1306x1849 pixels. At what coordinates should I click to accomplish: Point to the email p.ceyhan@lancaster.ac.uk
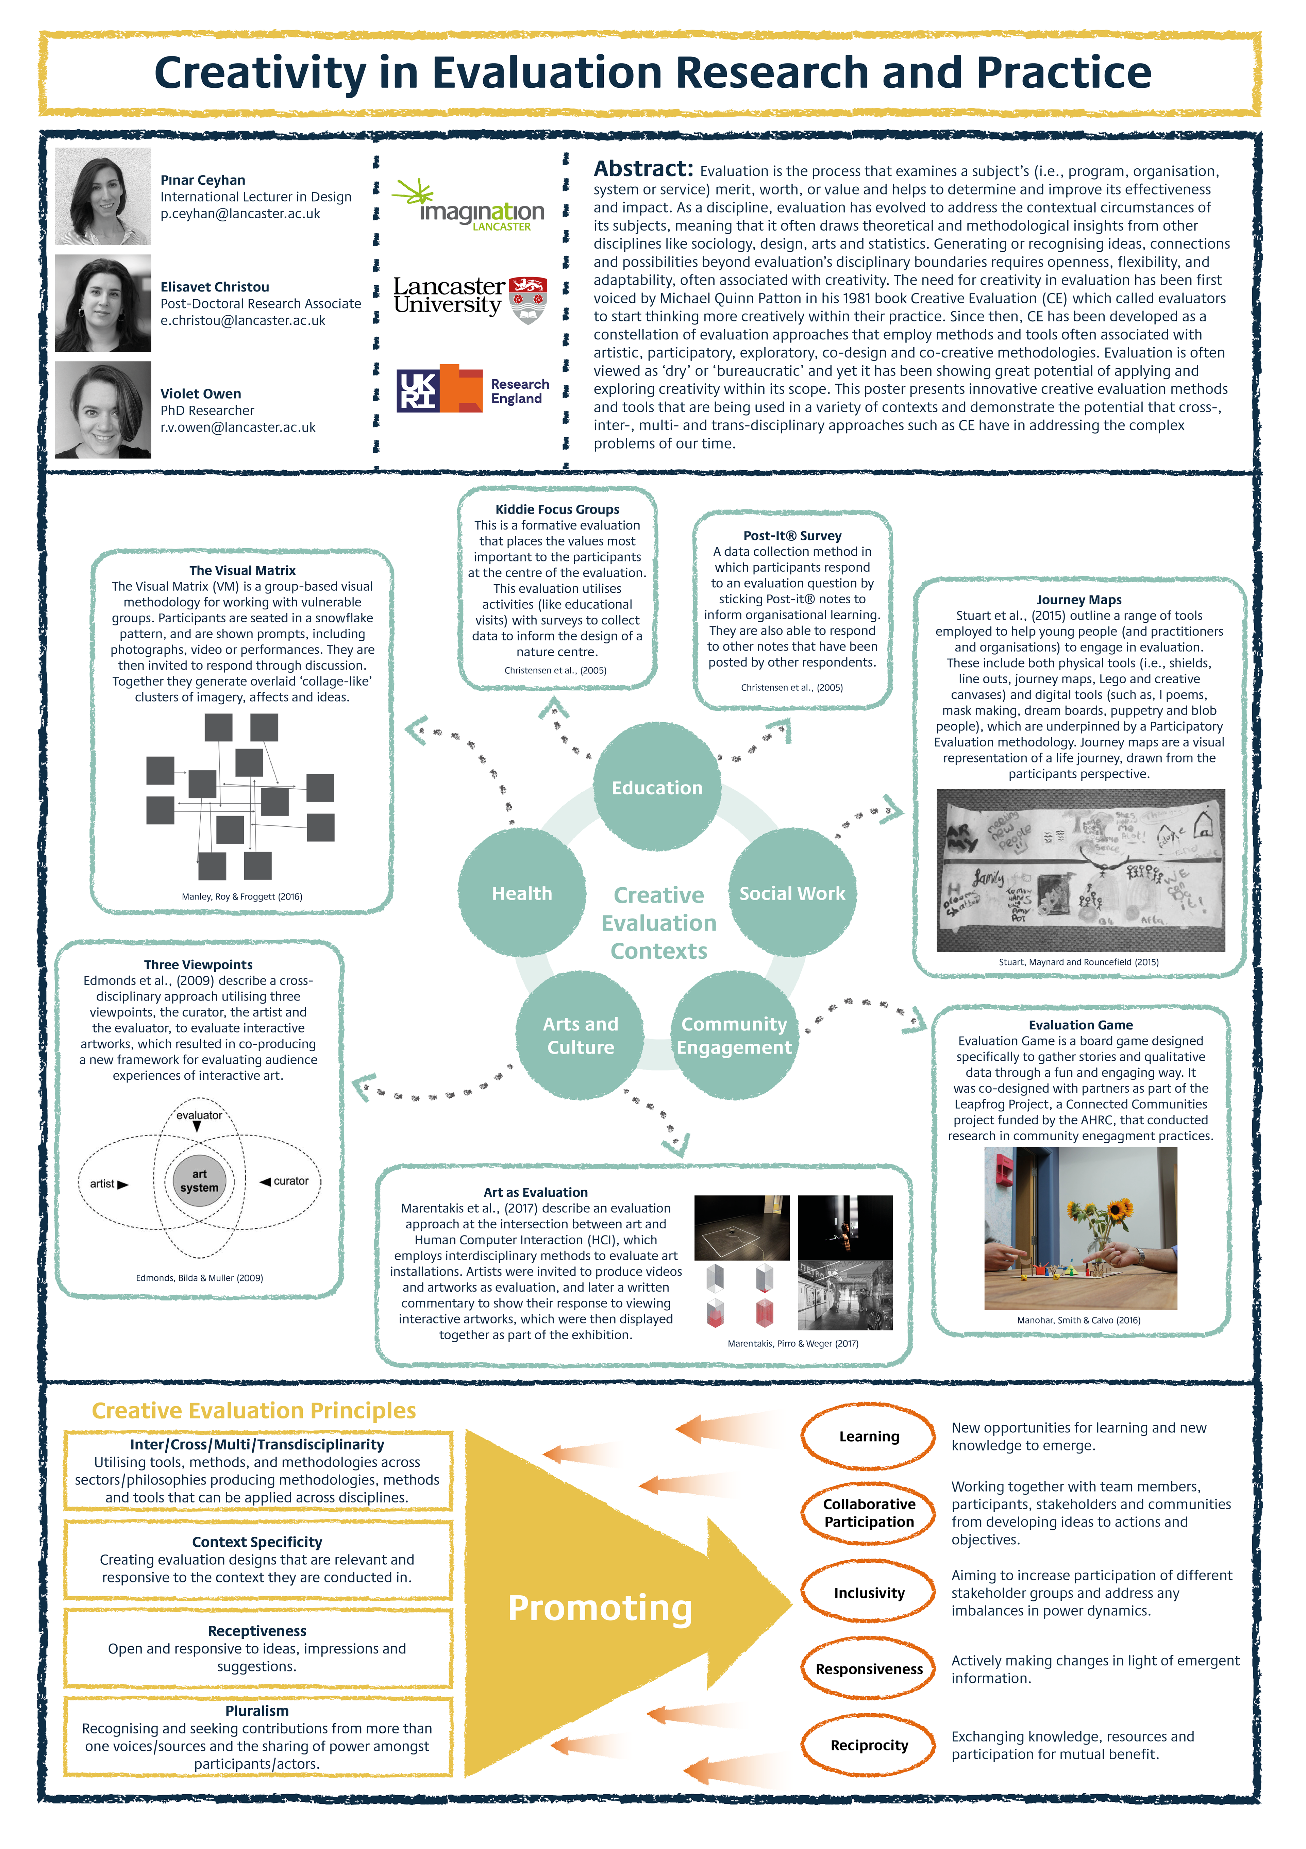[240, 214]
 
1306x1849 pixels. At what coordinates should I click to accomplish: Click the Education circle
[657, 788]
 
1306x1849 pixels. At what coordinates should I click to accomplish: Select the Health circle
[522, 893]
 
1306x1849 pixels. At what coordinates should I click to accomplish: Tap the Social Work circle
[792, 893]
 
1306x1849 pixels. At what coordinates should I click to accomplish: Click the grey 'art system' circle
[199, 1181]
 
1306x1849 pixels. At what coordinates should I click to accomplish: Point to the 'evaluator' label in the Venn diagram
[199, 1115]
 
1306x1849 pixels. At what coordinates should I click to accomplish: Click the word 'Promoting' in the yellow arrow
[600, 1608]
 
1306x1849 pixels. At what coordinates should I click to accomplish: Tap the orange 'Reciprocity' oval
[869, 1745]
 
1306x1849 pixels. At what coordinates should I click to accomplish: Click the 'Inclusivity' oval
[869, 1593]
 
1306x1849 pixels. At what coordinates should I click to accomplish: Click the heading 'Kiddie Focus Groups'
[557, 509]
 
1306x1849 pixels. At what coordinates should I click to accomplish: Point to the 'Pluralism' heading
[257, 1711]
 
